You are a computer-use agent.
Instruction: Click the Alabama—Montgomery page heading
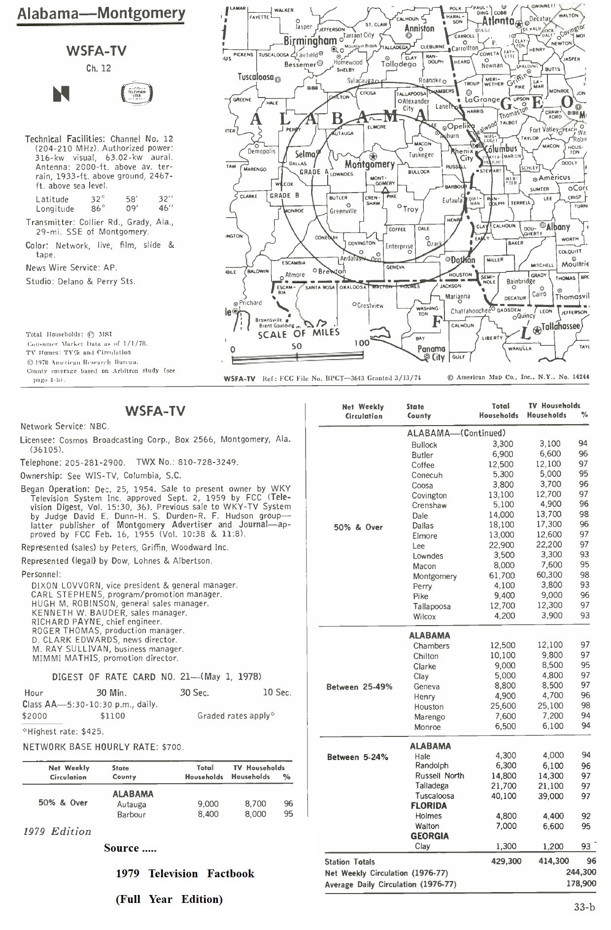click(x=101, y=13)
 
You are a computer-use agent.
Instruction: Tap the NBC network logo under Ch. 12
click(x=62, y=94)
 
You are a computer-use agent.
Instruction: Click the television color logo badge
click(x=137, y=94)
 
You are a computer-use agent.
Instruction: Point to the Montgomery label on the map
click(x=370, y=164)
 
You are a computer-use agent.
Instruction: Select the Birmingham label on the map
click(x=310, y=40)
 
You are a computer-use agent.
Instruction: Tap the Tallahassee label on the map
click(x=561, y=326)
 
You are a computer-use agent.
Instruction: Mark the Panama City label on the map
click(x=432, y=353)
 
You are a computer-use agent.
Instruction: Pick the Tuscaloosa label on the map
click(x=256, y=77)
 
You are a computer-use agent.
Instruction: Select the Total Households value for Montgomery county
click(x=502, y=575)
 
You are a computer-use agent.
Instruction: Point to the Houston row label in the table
click(x=428, y=706)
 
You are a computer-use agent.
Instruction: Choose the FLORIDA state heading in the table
click(x=429, y=806)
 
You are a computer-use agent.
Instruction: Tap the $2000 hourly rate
click(x=34, y=716)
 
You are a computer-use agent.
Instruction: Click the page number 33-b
click(x=584, y=907)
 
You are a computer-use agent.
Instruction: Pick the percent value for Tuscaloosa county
click(x=585, y=796)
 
